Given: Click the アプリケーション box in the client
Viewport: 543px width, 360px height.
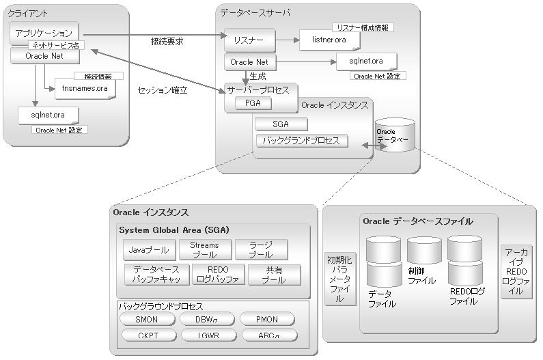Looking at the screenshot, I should point(44,33).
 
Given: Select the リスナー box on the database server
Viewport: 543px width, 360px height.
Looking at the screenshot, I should point(249,40).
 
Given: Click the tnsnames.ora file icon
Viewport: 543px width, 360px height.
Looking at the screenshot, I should point(84,89).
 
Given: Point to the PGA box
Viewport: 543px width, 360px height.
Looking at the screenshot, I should point(253,103).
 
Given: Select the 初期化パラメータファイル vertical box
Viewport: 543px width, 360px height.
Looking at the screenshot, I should point(339,279).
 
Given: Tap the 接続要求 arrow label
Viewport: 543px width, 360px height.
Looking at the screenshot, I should point(167,42).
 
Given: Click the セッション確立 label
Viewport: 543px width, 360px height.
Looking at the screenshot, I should point(162,90).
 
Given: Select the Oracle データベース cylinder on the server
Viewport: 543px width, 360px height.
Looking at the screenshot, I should point(395,135).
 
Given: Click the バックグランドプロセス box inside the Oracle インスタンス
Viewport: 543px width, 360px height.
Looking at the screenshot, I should point(301,141).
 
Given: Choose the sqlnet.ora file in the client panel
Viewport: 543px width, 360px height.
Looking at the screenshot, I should point(48,115).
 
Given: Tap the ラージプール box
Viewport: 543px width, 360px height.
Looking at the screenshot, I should point(260,250).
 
